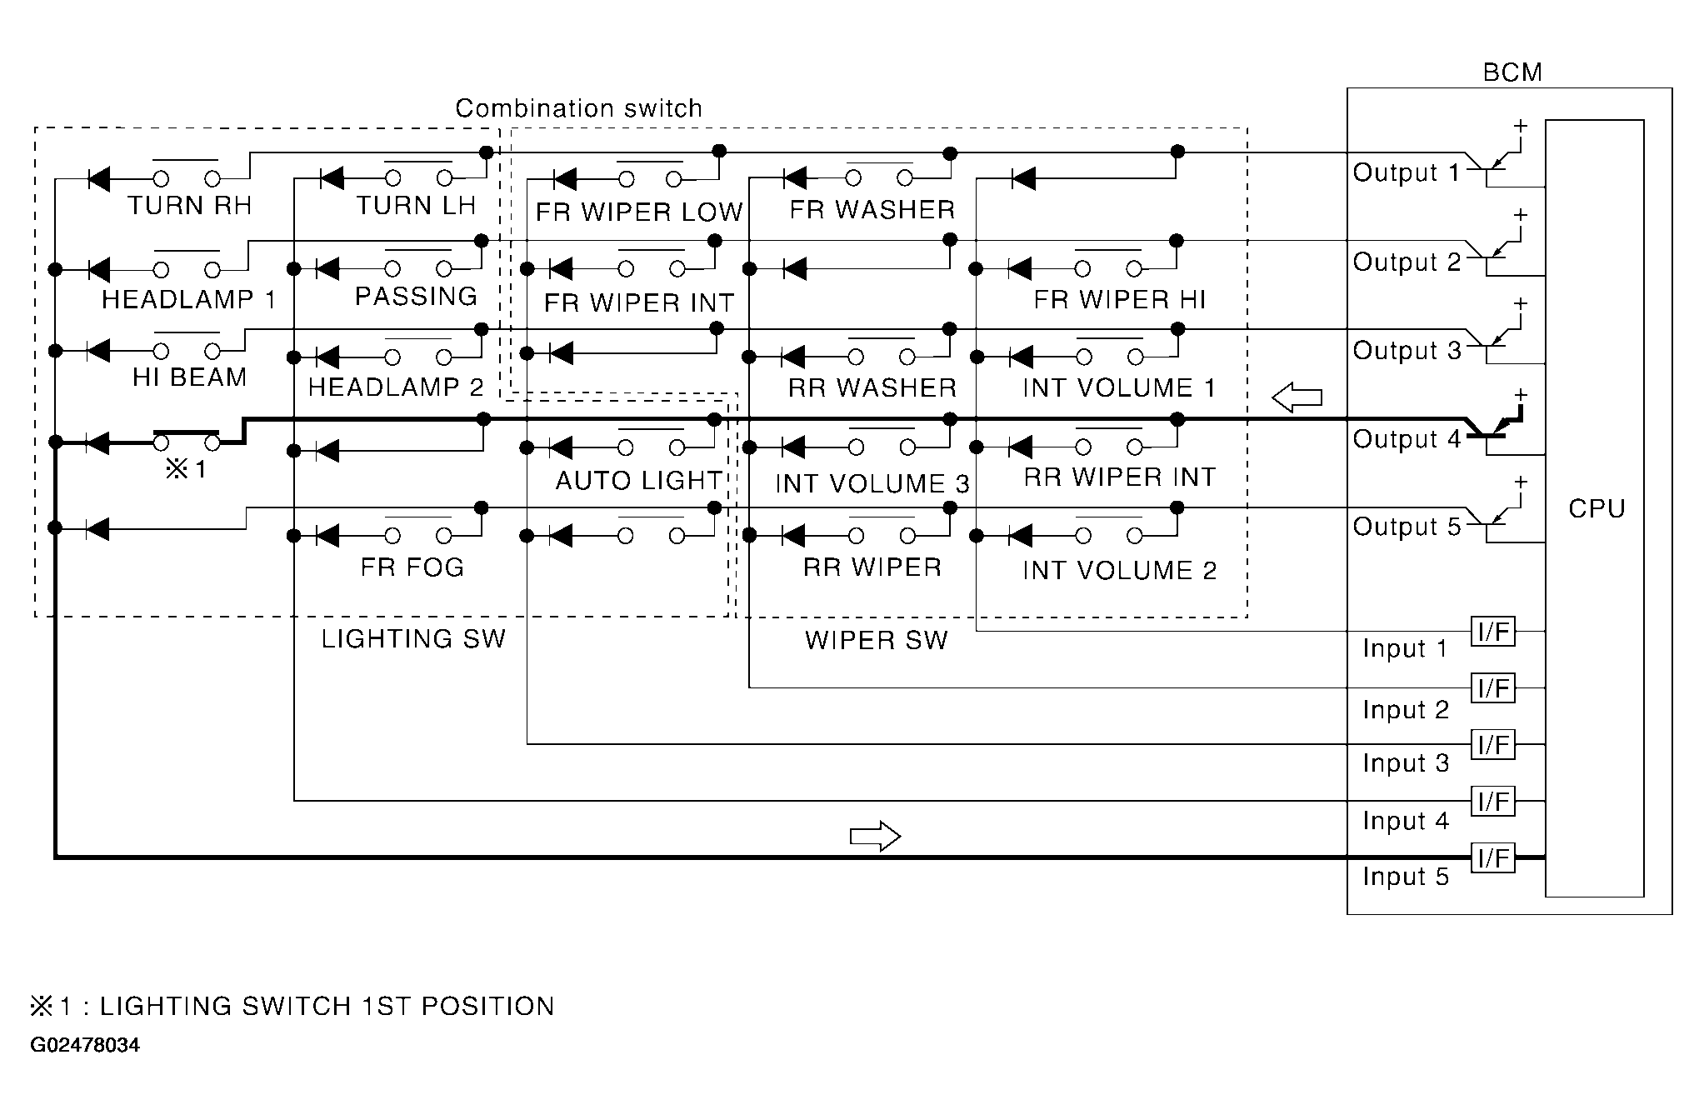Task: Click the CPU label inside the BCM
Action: [1596, 508]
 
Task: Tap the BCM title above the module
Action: [1512, 72]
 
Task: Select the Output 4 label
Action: [1407, 439]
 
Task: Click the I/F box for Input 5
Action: [1493, 857]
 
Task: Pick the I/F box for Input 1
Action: [1493, 632]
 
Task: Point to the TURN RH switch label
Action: [189, 206]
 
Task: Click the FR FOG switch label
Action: [412, 567]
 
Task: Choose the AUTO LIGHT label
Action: [638, 481]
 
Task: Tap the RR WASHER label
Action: [872, 387]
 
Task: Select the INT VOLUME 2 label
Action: [1119, 571]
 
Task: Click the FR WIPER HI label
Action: [1119, 300]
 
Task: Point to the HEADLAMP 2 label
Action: [396, 387]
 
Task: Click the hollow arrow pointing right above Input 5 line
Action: [875, 836]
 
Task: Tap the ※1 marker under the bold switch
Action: [186, 470]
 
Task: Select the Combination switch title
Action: [578, 108]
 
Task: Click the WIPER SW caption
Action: [876, 640]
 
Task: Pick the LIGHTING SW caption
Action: [413, 639]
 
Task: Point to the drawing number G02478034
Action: [85, 1045]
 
